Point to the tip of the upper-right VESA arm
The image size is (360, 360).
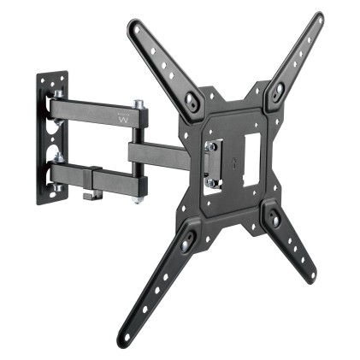click(x=318, y=18)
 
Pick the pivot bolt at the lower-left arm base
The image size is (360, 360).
click(x=185, y=241)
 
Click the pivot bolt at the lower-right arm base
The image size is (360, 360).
click(x=274, y=219)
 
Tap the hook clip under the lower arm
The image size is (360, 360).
click(x=88, y=196)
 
